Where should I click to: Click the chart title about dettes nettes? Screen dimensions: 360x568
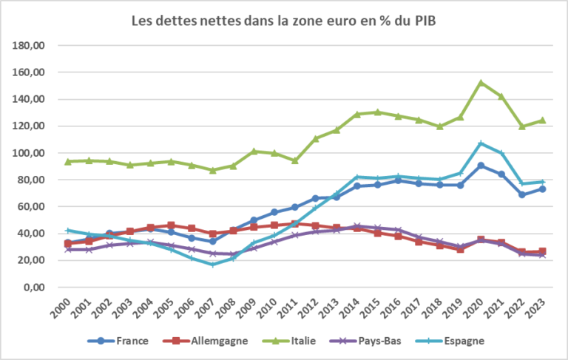pos(283,21)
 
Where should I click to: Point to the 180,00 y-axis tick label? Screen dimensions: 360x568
pos(30,46)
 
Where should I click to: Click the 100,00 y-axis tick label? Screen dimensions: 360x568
pos(30,153)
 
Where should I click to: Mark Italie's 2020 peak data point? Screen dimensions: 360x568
pos(481,83)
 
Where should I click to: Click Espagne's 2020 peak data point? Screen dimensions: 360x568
pos(481,143)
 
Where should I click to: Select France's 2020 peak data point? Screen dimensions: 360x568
pos(481,166)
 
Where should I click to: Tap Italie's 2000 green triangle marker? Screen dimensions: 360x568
pos(68,161)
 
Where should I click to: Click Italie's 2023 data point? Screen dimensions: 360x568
pos(542,120)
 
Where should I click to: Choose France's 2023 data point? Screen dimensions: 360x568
pos(542,189)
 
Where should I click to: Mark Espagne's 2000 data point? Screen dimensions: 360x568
pos(68,231)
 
